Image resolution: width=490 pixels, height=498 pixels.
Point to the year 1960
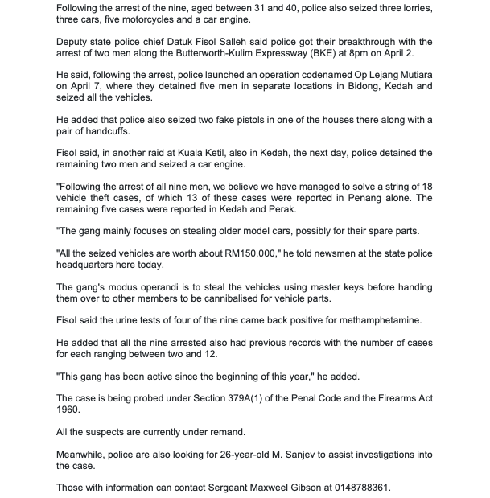[x=69, y=409]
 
